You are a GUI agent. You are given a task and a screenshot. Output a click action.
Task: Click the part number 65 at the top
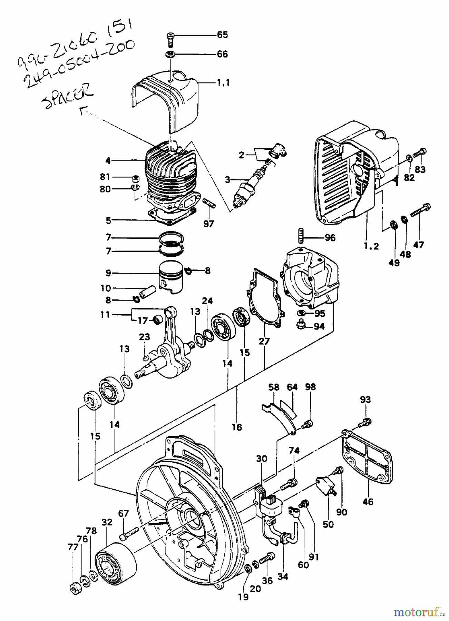[222, 35]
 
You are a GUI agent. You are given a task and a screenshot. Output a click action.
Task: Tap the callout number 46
[368, 502]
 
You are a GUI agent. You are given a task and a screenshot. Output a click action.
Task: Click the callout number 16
[237, 427]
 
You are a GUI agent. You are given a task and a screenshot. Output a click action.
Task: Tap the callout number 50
[328, 524]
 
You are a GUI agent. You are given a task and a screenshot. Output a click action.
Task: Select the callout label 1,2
[371, 246]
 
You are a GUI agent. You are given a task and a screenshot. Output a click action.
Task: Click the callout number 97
[208, 224]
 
